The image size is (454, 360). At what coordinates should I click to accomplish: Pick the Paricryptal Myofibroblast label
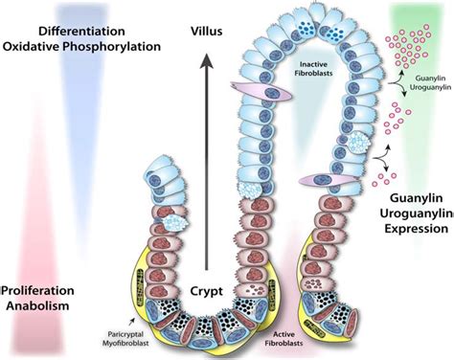(x=131, y=340)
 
